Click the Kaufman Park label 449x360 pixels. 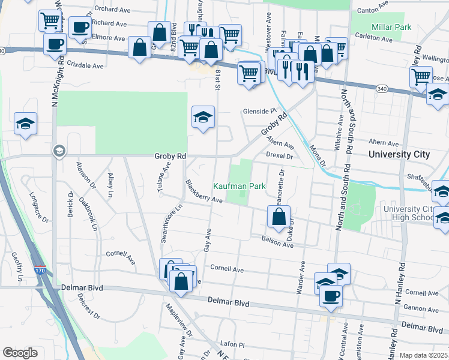point(240,187)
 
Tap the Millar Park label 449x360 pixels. point(391,27)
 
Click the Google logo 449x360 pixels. point(20,353)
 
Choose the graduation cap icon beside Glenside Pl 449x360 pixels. point(203,117)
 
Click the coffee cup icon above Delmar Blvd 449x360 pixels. point(331,295)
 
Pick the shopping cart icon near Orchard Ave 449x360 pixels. point(50,21)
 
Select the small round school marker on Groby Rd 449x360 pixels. point(59,151)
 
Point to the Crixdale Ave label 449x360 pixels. point(85,65)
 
